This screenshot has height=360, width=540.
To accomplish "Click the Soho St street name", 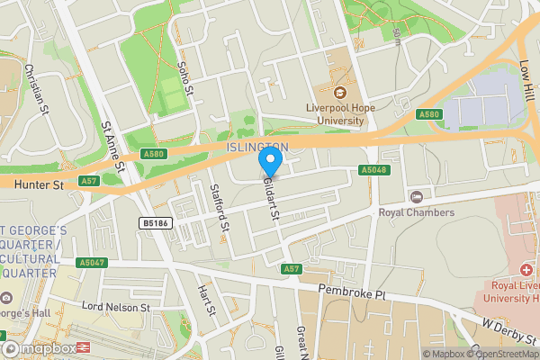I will tap(186, 77).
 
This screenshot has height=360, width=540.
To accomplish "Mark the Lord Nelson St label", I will tap(116, 307).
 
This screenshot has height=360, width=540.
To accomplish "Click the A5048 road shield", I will tap(373, 170).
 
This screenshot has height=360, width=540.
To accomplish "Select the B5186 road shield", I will tap(155, 222).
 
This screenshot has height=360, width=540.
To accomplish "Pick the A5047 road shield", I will tap(92, 263).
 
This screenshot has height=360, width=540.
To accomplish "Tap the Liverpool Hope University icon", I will tap(340, 93).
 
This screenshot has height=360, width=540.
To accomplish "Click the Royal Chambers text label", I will tap(416, 212).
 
